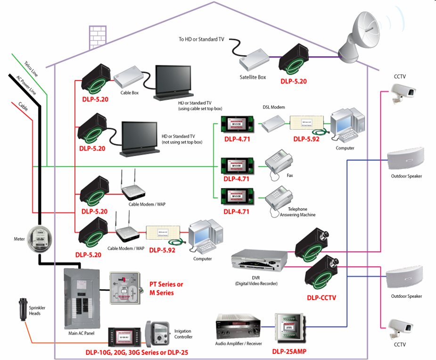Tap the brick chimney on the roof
click(x=97, y=36)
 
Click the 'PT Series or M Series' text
click(x=166, y=288)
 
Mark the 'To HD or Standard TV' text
click(x=201, y=40)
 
